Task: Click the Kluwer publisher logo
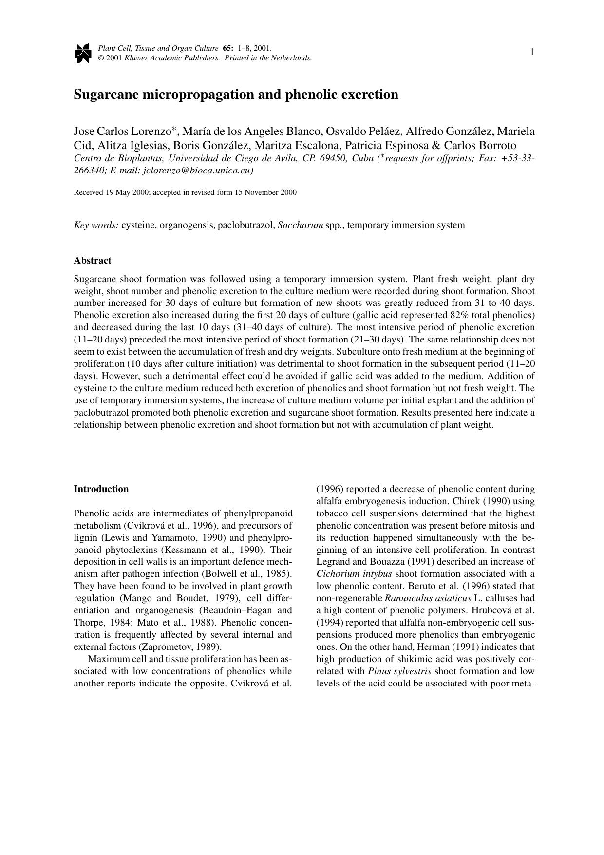point(83,53)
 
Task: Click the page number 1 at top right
point(532,52)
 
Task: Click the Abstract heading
point(93,261)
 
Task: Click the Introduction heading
point(101,489)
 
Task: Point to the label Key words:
point(96,225)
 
